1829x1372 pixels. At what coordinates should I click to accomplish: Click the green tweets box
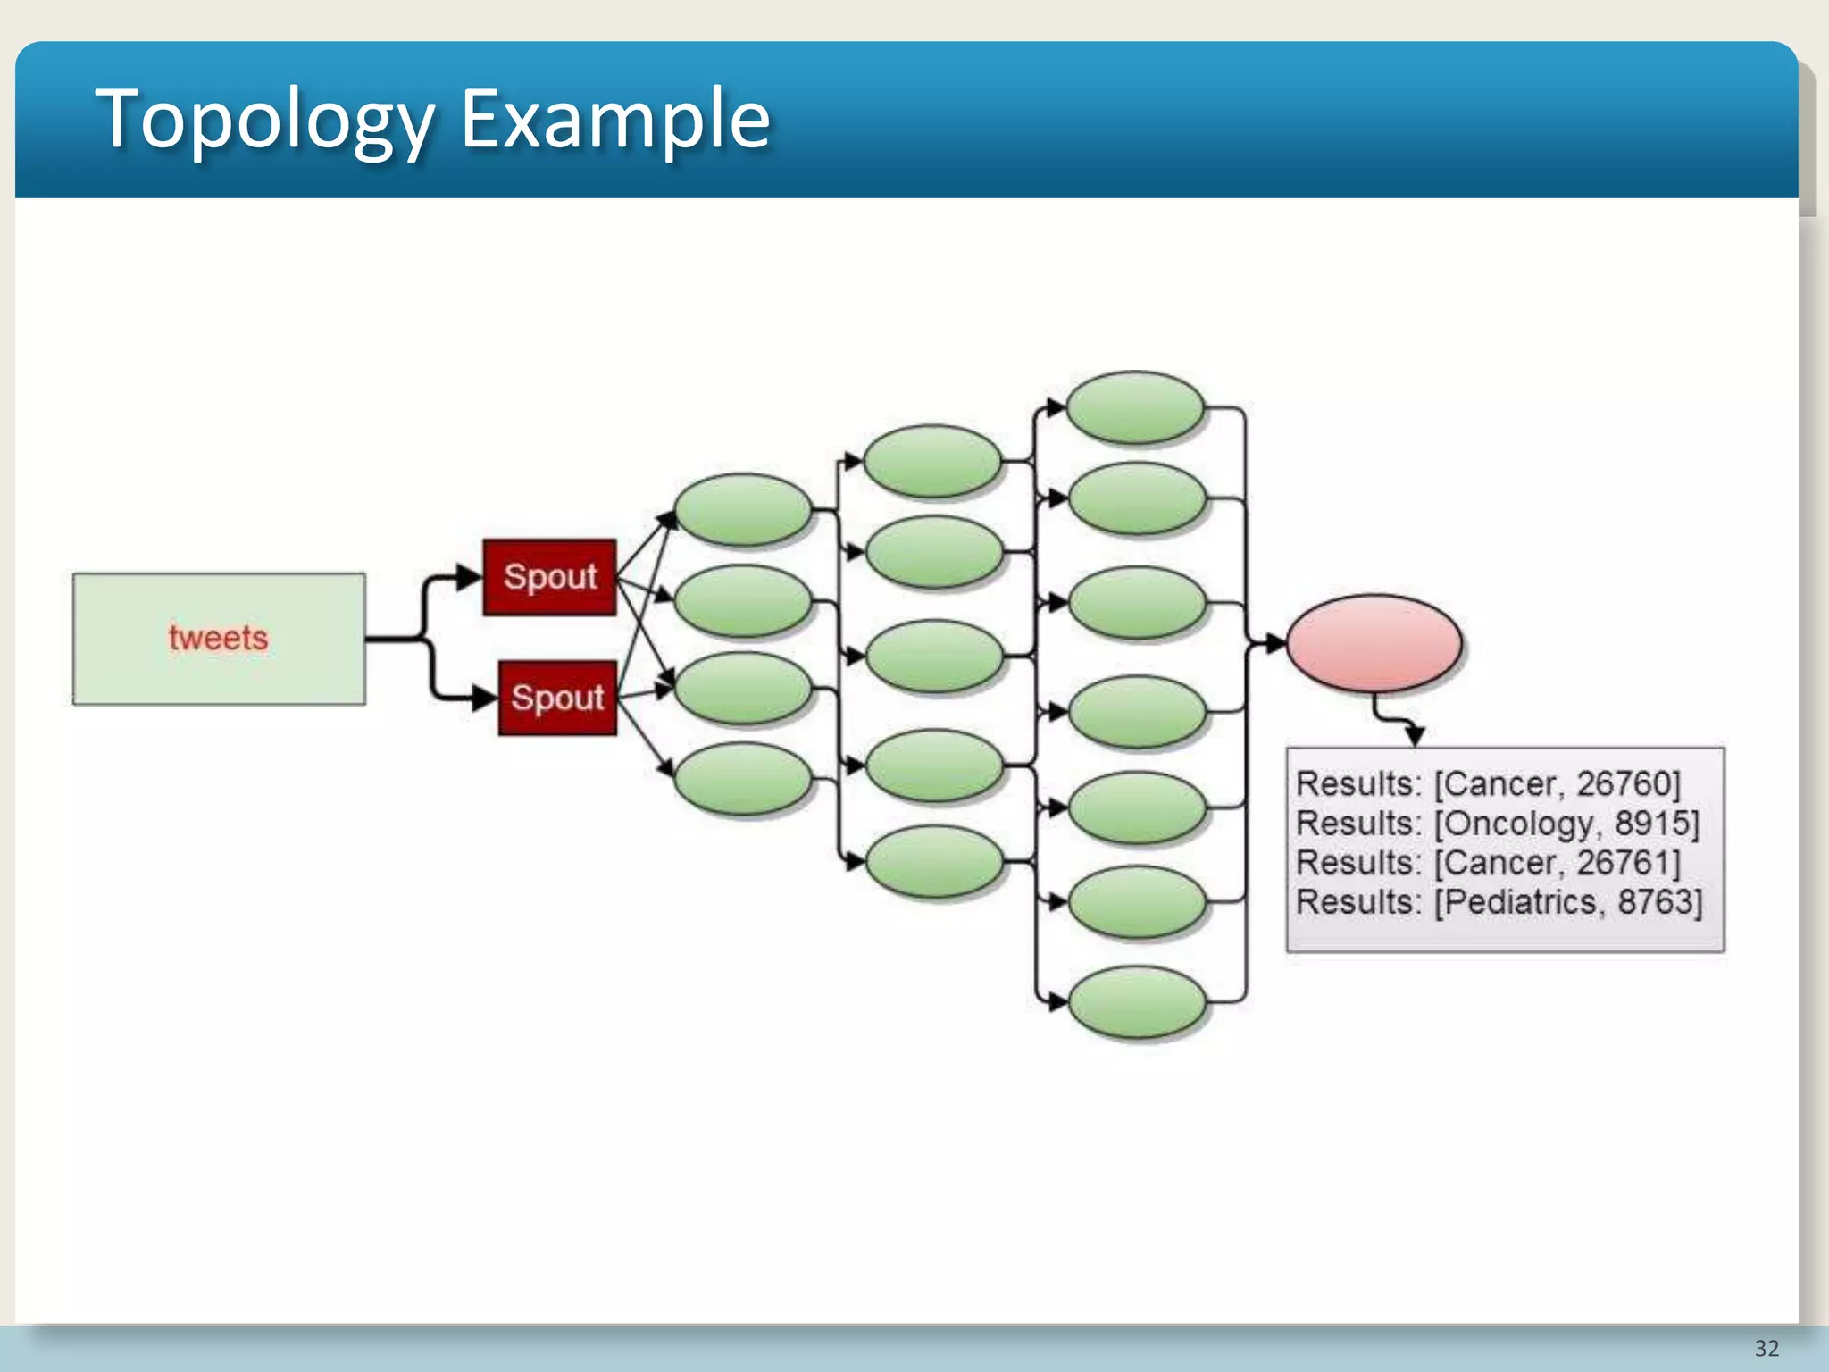tap(219, 639)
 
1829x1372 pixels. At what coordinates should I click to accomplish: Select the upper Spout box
tap(549, 577)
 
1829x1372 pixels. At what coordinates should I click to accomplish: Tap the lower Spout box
tap(557, 698)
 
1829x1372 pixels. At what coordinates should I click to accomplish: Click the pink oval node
tap(1374, 643)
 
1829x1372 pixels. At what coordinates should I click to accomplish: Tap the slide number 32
tap(1766, 1348)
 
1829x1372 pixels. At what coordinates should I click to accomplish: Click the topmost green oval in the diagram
tap(1136, 407)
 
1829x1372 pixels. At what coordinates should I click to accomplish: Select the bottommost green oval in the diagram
tap(1137, 1003)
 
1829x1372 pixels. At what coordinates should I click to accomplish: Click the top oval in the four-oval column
tap(742, 509)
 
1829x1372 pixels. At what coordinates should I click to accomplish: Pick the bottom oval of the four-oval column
tap(742, 779)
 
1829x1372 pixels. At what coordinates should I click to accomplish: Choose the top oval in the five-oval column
tap(933, 461)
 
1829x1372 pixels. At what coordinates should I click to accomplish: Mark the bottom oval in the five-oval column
tap(934, 861)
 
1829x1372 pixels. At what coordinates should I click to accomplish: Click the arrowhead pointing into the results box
tap(1414, 736)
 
